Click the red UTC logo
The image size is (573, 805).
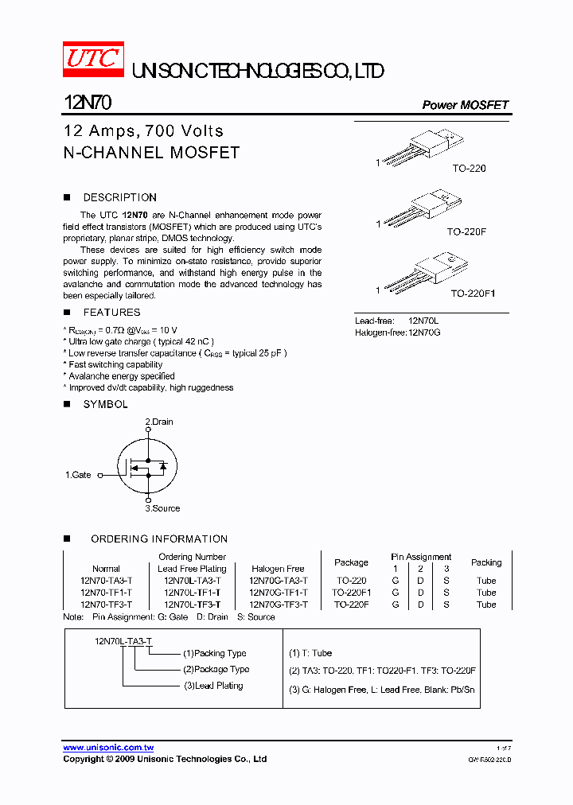tap(93, 60)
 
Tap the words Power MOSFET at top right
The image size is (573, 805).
tap(465, 105)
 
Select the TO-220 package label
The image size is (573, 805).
tap(469, 169)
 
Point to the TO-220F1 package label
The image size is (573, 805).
tap(473, 294)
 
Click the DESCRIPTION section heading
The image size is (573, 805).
tap(120, 197)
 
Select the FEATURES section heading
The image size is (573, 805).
tap(112, 313)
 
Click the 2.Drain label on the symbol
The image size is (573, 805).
tap(159, 422)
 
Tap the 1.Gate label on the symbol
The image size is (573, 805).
tap(78, 475)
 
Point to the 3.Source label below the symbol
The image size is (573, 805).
tap(162, 508)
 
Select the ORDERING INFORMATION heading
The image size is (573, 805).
tap(159, 539)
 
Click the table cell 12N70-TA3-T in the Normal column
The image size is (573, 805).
tap(106, 581)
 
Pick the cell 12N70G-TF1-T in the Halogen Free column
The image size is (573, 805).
tap(278, 593)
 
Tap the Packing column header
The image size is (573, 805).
tap(486, 562)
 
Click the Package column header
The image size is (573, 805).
tap(351, 562)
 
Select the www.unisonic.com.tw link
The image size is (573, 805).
tap(108, 748)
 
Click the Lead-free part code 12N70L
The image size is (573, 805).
tap(424, 321)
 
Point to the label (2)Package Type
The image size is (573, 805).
tap(216, 669)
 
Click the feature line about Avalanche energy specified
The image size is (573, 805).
tap(120, 376)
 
